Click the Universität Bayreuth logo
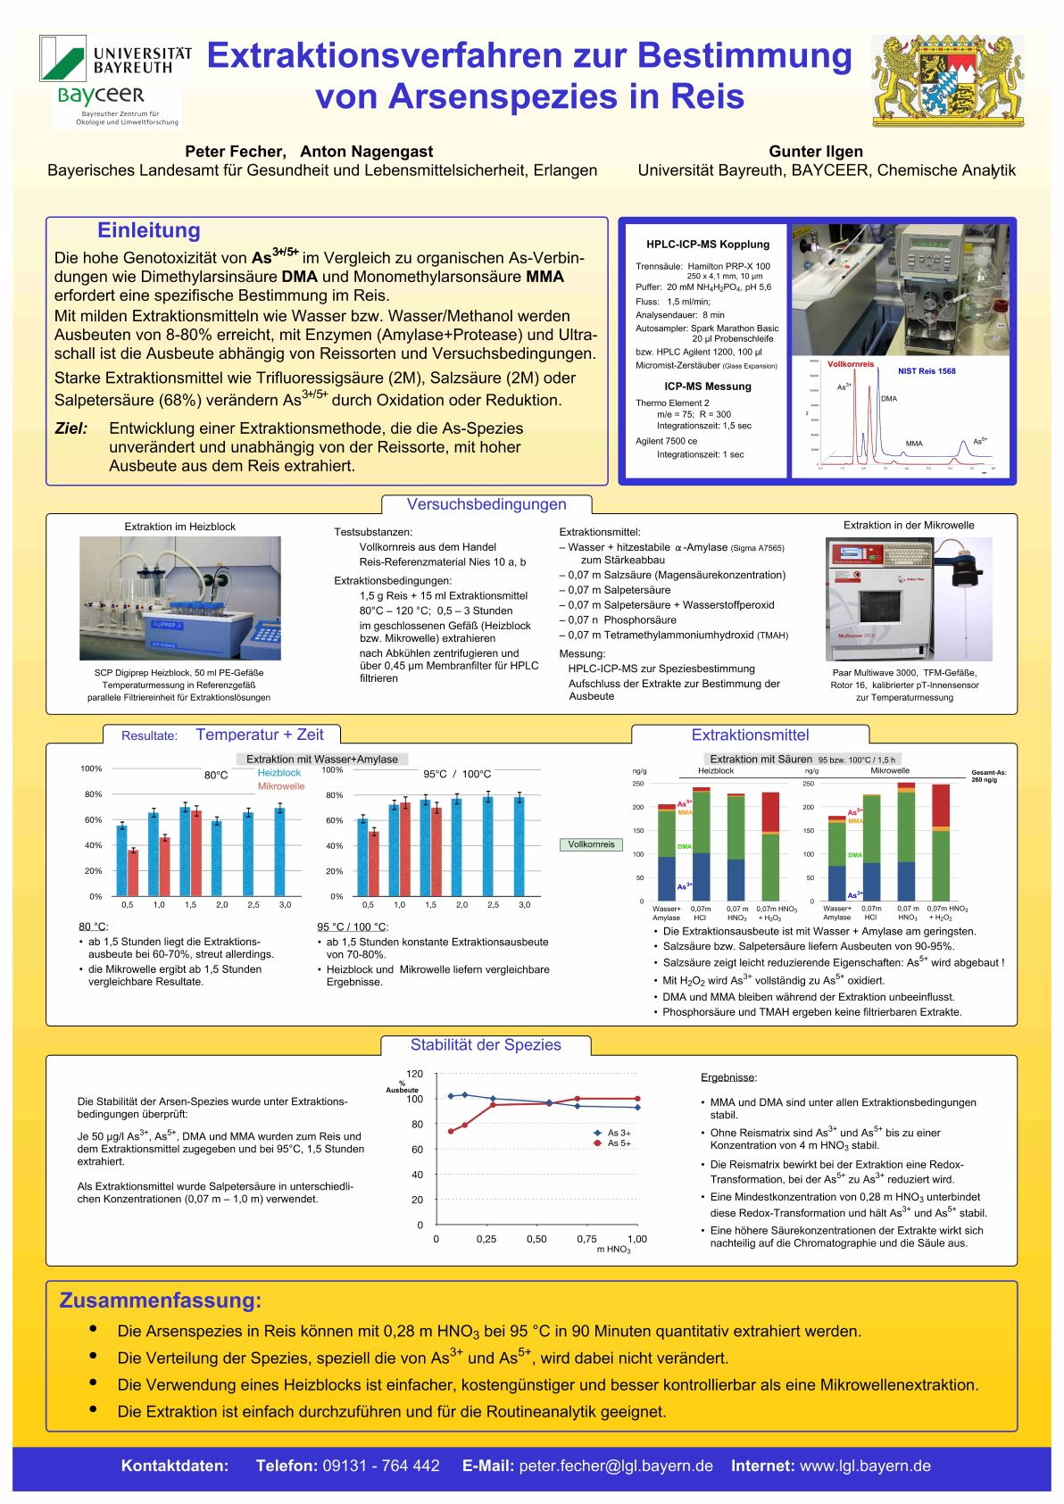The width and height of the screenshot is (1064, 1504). [115, 60]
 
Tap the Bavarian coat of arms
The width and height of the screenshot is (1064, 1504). [947, 80]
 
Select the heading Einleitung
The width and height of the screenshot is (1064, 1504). [148, 230]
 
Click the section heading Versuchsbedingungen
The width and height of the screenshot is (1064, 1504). [486, 504]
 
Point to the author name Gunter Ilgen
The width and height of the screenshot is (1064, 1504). [816, 151]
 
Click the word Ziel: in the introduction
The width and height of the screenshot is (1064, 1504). [71, 428]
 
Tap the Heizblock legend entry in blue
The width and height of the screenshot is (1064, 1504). [279, 773]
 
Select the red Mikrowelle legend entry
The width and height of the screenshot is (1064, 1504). [281, 786]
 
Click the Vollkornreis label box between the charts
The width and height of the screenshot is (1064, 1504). [591, 844]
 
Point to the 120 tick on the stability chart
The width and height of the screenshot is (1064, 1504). [414, 1074]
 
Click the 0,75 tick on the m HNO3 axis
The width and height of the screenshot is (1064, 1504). [586, 1239]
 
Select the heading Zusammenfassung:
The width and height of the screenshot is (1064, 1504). [161, 1300]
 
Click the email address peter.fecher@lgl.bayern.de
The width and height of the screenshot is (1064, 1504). [616, 1466]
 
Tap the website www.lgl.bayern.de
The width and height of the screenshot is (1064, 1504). [865, 1466]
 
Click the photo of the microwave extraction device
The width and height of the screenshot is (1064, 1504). [909, 599]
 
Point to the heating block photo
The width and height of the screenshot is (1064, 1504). [180, 598]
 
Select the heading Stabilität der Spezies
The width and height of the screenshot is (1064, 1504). [486, 1045]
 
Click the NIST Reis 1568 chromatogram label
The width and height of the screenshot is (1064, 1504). [927, 371]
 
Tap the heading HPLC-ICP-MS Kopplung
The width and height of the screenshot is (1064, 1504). [708, 244]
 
